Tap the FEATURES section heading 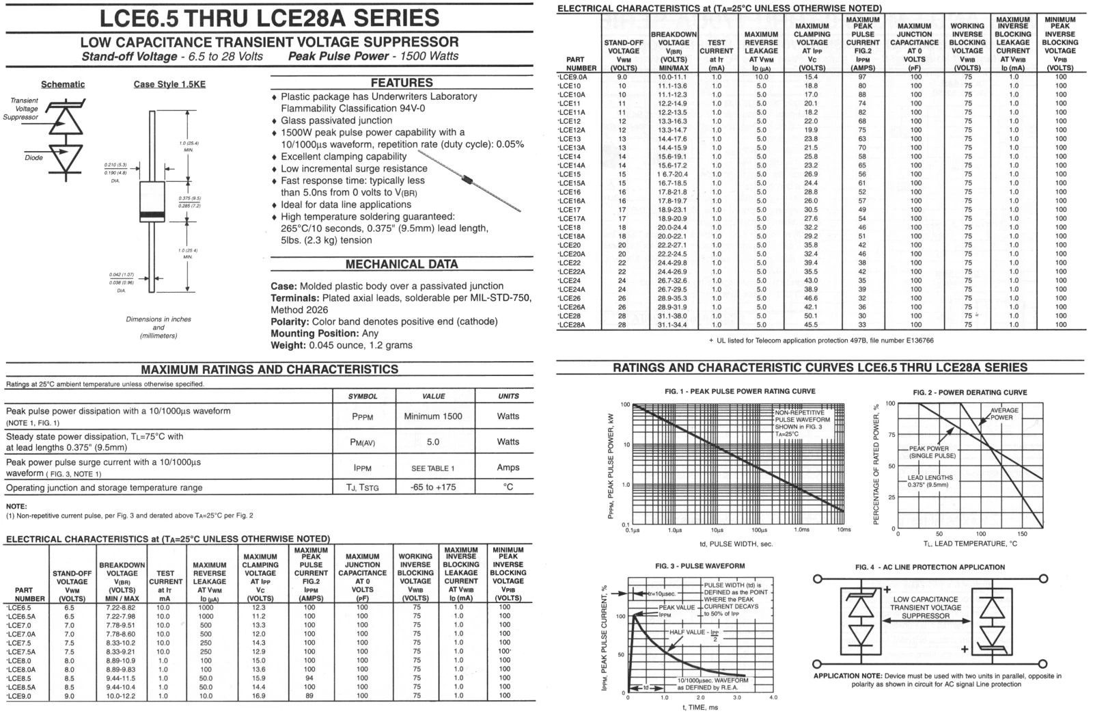point(401,83)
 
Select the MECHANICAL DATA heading point(401,265)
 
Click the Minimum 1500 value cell point(433,416)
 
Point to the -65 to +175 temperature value point(433,488)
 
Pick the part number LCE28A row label point(572,325)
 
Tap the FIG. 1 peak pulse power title point(739,391)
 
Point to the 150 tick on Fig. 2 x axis point(1022,534)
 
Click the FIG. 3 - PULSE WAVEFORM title point(700,566)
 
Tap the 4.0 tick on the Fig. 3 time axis point(773,698)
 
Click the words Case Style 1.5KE point(169,84)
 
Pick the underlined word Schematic point(63,84)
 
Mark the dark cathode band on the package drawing point(152,215)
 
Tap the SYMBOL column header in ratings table point(362,396)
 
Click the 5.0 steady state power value point(433,442)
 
